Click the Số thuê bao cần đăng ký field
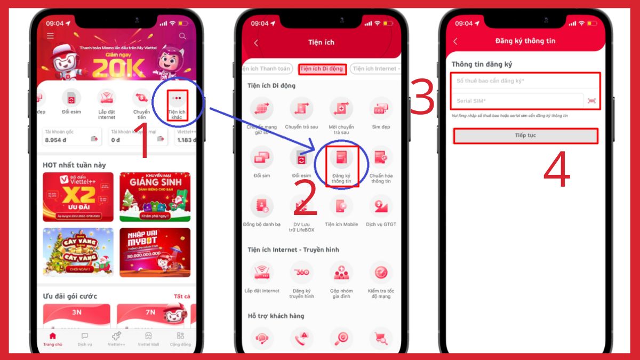[525, 81]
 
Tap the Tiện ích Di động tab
[322, 69]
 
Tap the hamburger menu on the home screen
[50, 36]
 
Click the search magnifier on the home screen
[183, 36]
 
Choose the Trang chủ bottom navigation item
[52, 339]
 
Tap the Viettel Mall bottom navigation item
[148, 339]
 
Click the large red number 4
[557, 172]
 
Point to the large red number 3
[423, 97]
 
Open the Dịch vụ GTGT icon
[381, 206]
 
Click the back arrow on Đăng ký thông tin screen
[455, 42]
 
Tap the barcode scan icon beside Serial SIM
[591, 101]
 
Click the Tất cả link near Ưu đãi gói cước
[182, 297]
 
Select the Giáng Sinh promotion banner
[155, 196]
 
